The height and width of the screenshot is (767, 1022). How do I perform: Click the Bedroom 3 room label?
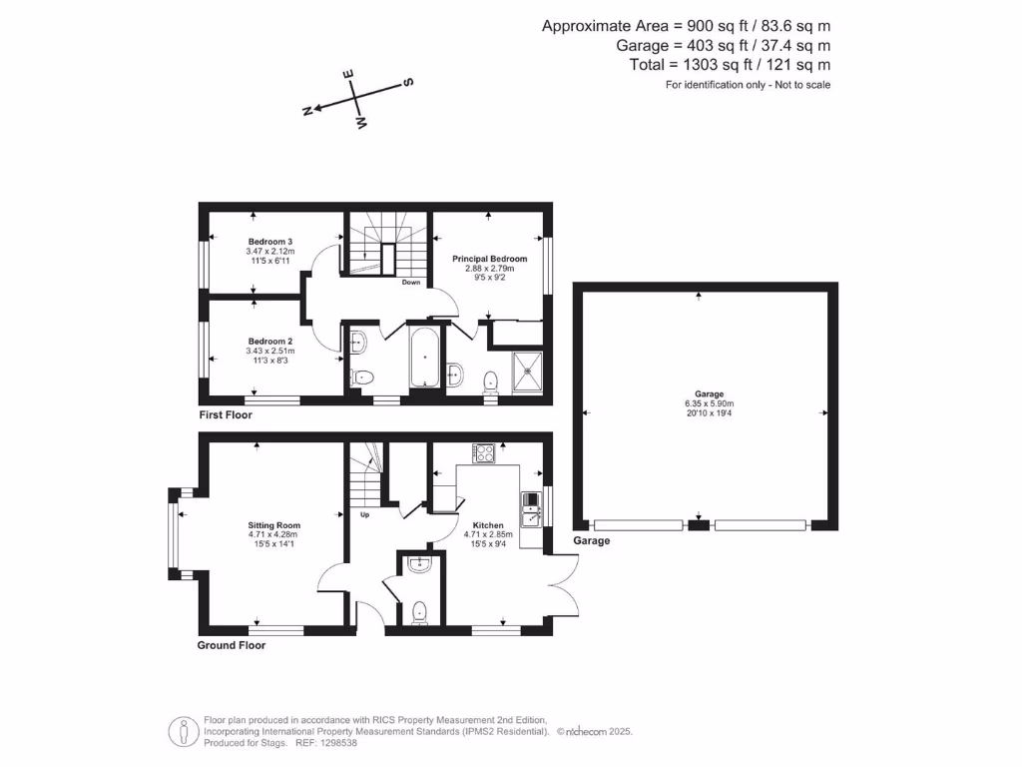coord(270,241)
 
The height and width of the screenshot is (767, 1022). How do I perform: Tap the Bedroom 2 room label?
coord(270,341)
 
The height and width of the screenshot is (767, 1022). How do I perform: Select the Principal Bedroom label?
coord(489,259)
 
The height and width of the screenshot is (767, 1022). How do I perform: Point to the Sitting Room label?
coord(274,525)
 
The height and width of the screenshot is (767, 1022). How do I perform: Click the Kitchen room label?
coord(488,525)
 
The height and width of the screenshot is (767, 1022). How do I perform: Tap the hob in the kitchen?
coord(485,452)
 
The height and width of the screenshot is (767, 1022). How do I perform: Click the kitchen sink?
coord(530,506)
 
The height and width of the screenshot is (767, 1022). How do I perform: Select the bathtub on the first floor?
coord(424,358)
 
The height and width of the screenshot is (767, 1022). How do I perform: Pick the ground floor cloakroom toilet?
coord(419,610)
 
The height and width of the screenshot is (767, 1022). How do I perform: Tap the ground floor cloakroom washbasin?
coord(419,564)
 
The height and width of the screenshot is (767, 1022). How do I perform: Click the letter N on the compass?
coord(307,111)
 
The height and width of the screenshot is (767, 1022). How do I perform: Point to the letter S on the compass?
coord(408,83)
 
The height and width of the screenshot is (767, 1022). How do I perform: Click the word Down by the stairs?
coord(411,283)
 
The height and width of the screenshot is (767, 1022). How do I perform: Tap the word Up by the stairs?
coord(365,515)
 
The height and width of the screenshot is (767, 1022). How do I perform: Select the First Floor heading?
coord(226,414)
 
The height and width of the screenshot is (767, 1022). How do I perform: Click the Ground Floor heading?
coord(232,645)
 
